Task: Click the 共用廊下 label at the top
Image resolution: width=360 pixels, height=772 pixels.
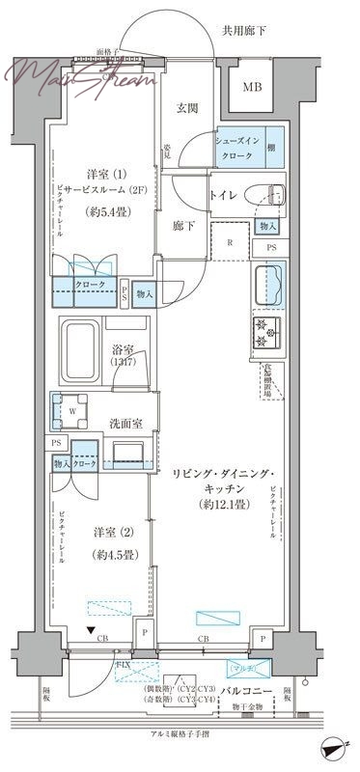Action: [x=269, y=31]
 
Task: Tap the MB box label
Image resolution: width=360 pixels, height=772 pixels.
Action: [x=251, y=88]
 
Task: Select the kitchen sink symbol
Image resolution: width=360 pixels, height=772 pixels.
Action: [x=268, y=287]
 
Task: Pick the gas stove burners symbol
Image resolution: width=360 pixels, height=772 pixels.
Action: [x=265, y=333]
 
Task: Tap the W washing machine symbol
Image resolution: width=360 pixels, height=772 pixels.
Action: [x=71, y=409]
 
